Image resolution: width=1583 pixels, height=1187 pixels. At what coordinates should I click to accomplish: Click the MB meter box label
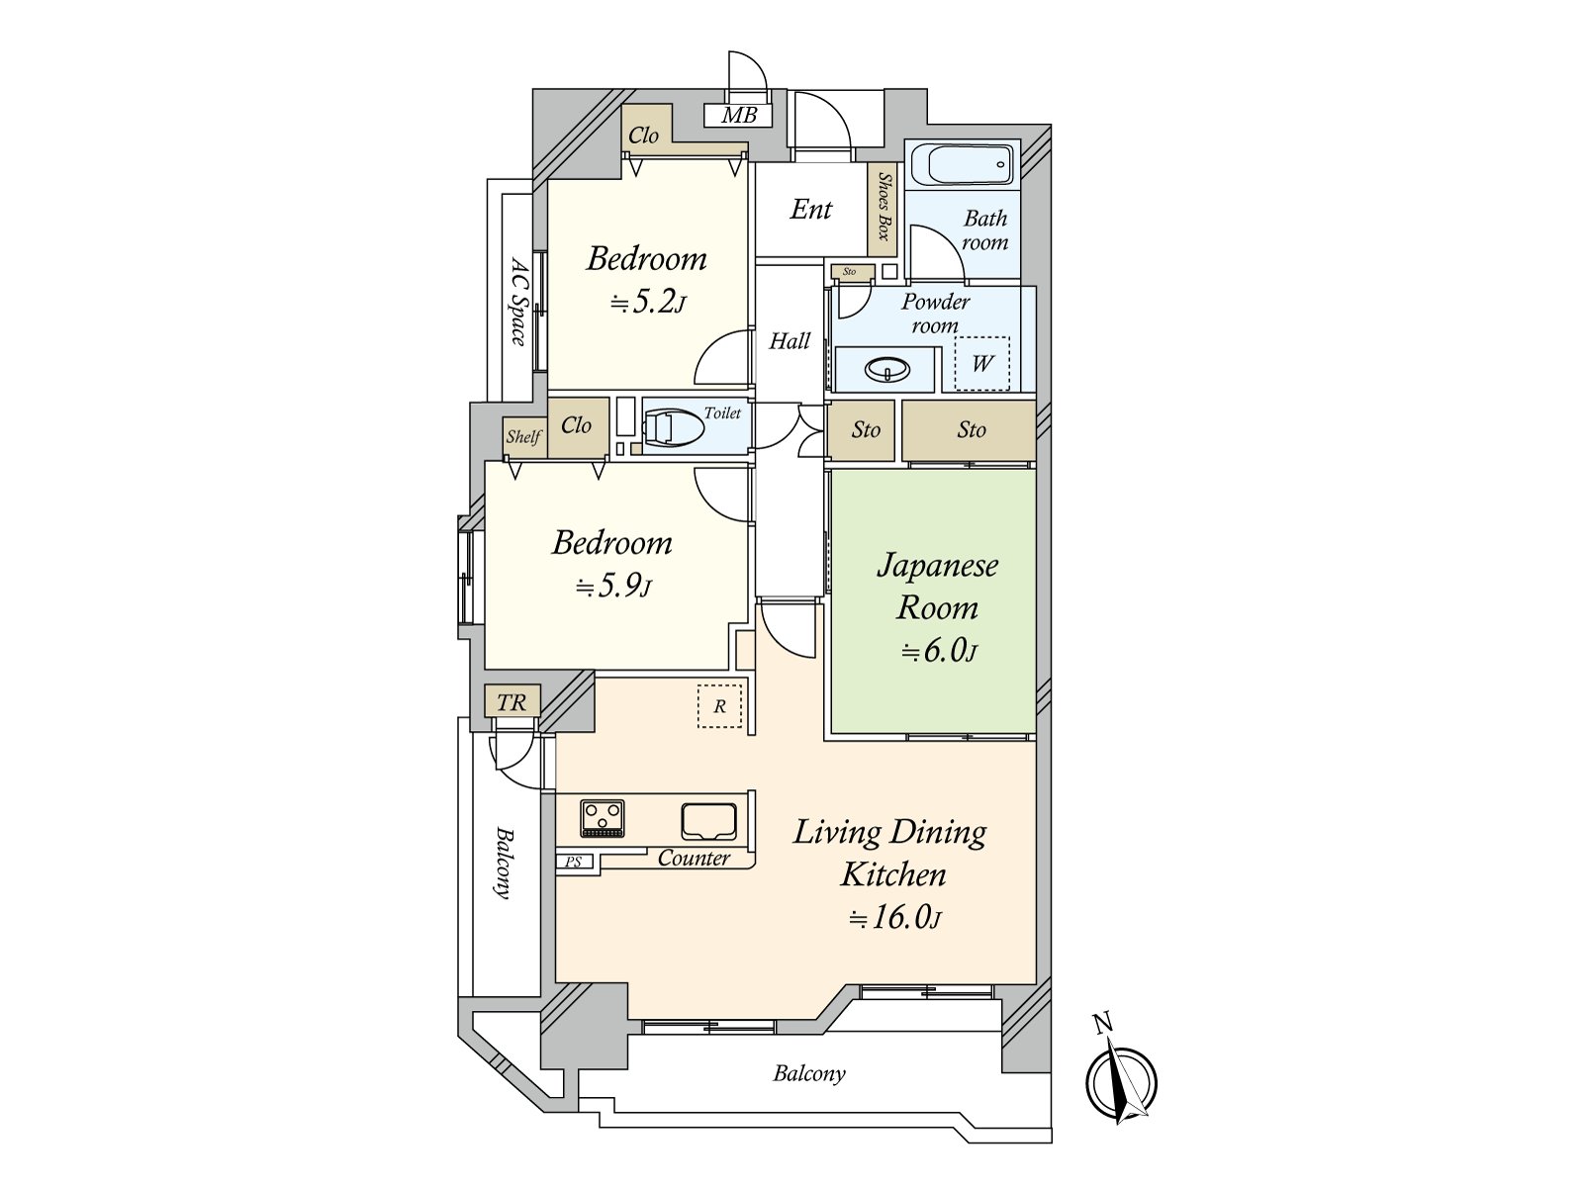738,116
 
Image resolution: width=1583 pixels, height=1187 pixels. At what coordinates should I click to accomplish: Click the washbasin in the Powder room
886,370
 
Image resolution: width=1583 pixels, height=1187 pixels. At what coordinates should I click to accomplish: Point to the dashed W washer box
981,363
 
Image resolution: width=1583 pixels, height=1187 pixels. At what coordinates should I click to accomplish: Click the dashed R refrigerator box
719,706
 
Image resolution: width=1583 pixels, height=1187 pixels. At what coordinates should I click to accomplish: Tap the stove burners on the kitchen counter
603,817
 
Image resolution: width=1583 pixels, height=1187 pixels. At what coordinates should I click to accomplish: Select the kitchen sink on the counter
708,820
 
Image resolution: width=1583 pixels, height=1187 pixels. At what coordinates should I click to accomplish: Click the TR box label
512,702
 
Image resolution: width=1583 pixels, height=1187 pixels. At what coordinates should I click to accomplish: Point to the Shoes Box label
884,207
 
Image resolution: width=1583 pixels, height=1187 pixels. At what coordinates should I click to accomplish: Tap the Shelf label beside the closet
523,436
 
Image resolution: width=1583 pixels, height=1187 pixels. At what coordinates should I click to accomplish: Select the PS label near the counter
574,863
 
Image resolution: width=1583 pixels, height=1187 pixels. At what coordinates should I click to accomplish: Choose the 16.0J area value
894,917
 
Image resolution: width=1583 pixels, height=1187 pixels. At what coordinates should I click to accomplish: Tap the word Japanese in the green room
937,565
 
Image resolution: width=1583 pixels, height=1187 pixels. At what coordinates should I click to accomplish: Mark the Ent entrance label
811,209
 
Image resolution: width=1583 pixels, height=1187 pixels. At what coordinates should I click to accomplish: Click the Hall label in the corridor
790,341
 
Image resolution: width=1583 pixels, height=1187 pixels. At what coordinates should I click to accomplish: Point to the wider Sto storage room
970,429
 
